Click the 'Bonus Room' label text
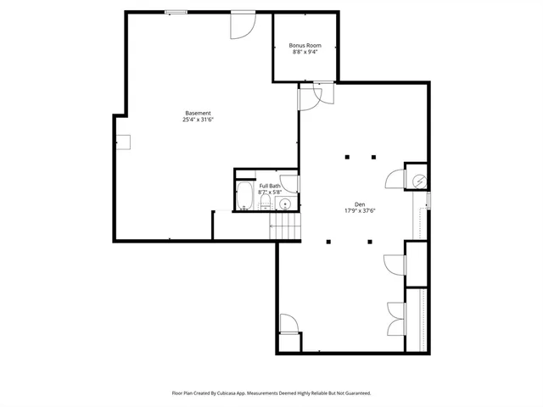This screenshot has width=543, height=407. click(305, 45)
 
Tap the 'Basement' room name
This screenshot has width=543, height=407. click(199, 114)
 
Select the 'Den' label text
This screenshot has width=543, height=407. click(360, 204)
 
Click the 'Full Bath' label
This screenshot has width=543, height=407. click(270, 186)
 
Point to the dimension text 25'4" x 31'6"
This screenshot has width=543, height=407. click(198, 120)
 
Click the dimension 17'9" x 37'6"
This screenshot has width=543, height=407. click(360, 211)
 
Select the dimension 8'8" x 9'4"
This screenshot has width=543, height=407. click(305, 52)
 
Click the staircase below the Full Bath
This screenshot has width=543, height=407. click(285, 226)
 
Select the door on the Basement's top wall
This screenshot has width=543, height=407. click(241, 24)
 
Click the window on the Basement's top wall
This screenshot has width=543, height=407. click(176, 12)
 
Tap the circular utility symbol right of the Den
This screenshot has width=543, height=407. click(418, 180)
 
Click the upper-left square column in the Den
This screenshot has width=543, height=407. click(346, 157)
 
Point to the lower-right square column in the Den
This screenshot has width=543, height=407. click(370, 242)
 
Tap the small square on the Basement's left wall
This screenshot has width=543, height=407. click(124, 142)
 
